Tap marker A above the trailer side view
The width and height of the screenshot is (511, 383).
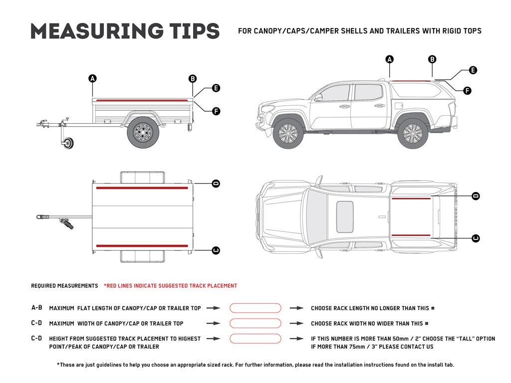(x=92, y=78)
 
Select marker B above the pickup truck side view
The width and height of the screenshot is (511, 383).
(x=432, y=59)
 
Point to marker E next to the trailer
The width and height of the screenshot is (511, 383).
(x=216, y=88)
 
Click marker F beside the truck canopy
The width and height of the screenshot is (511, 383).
(x=467, y=91)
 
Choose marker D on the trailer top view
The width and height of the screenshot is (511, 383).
(x=216, y=184)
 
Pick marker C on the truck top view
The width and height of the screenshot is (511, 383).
(x=475, y=238)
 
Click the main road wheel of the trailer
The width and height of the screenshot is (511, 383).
(x=143, y=132)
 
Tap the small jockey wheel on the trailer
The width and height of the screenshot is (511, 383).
(x=68, y=144)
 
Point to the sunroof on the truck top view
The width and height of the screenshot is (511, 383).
(x=345, y=217)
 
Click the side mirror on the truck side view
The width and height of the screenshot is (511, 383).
(x=318, y=98)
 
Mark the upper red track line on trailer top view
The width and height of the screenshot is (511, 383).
(x=142, y=188)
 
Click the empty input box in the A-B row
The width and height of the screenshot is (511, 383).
(x=255, y=308)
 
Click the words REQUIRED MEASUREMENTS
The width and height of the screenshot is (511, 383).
(x=64, y=286)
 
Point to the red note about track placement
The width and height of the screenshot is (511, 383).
(x=170, y=286)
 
